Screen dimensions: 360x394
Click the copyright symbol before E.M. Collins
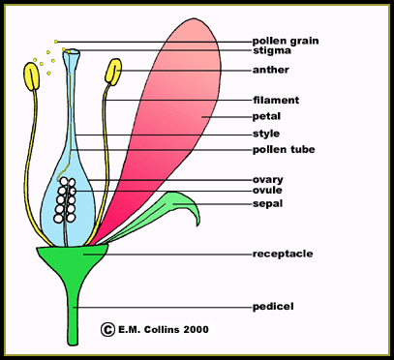pos(106,329)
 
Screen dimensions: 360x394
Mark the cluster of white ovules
pos(65,197)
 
